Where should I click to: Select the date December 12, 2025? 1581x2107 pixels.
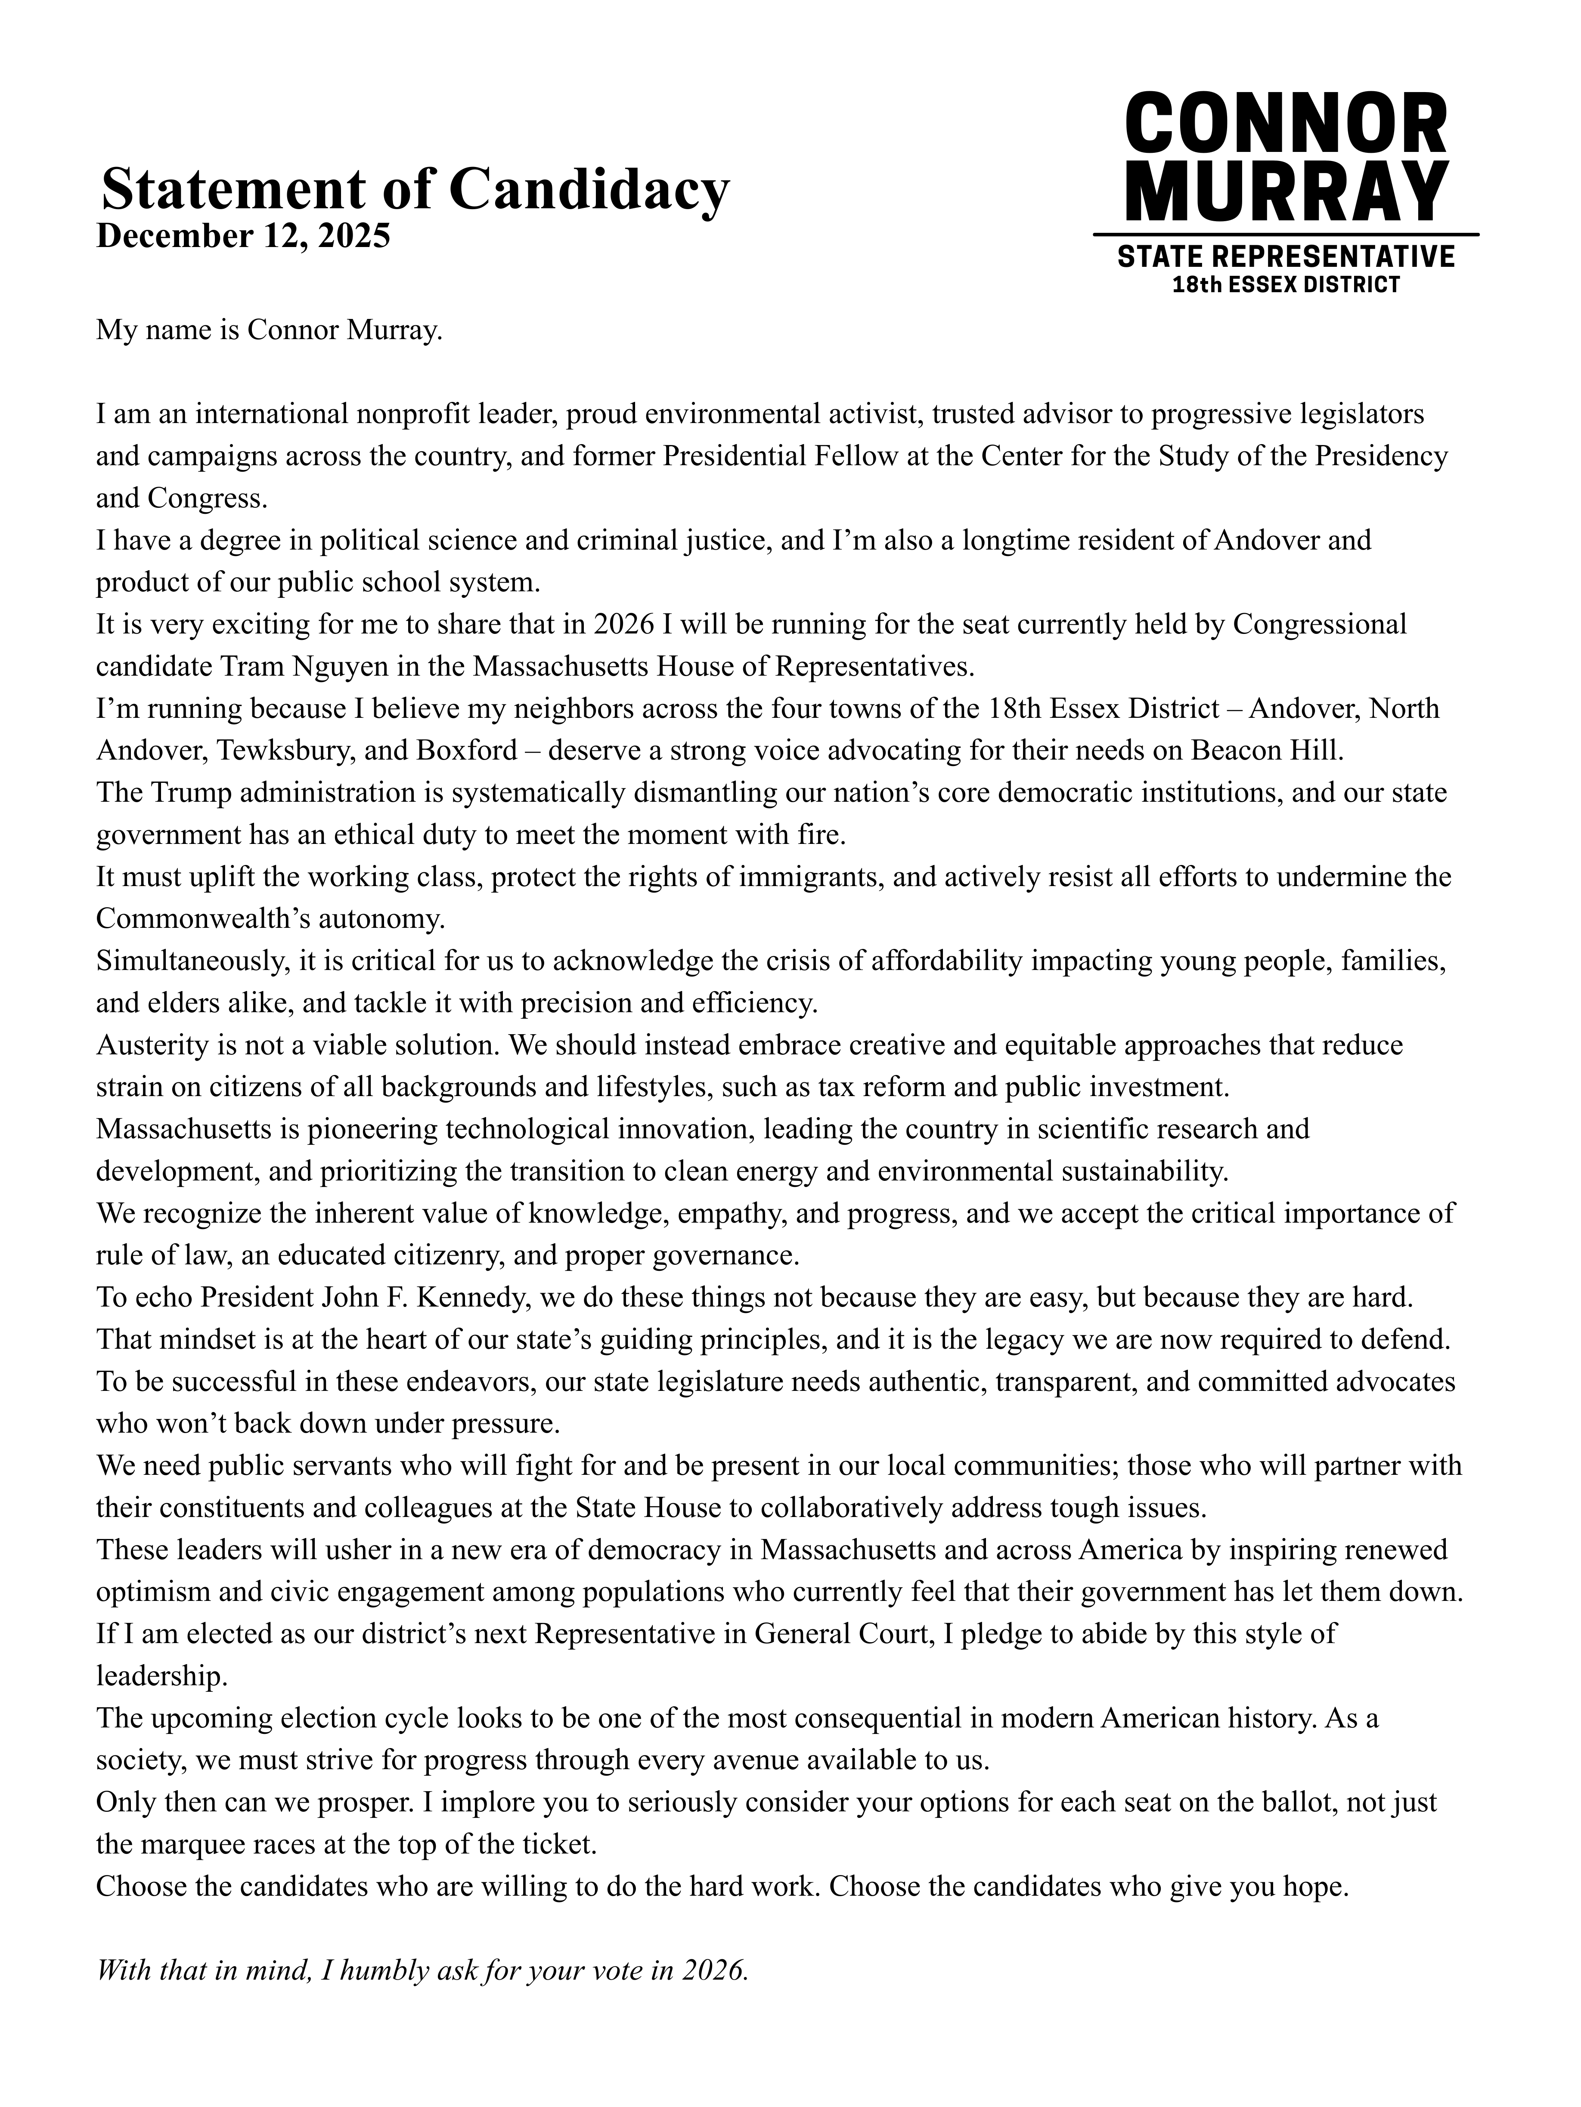pyautogui.click(x=243, y=235)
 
